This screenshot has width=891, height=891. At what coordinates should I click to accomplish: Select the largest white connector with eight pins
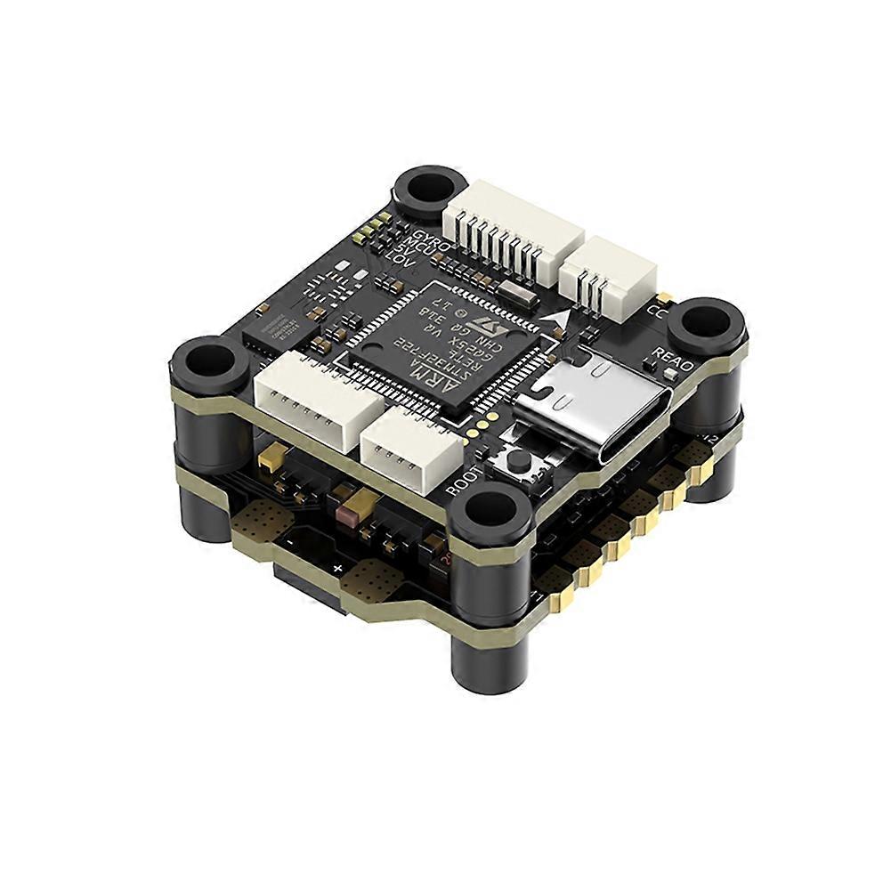pos(514,227)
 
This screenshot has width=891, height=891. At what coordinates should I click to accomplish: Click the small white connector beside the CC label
pos(609,271)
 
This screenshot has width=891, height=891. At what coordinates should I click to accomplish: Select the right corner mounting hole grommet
pos(706,323)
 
